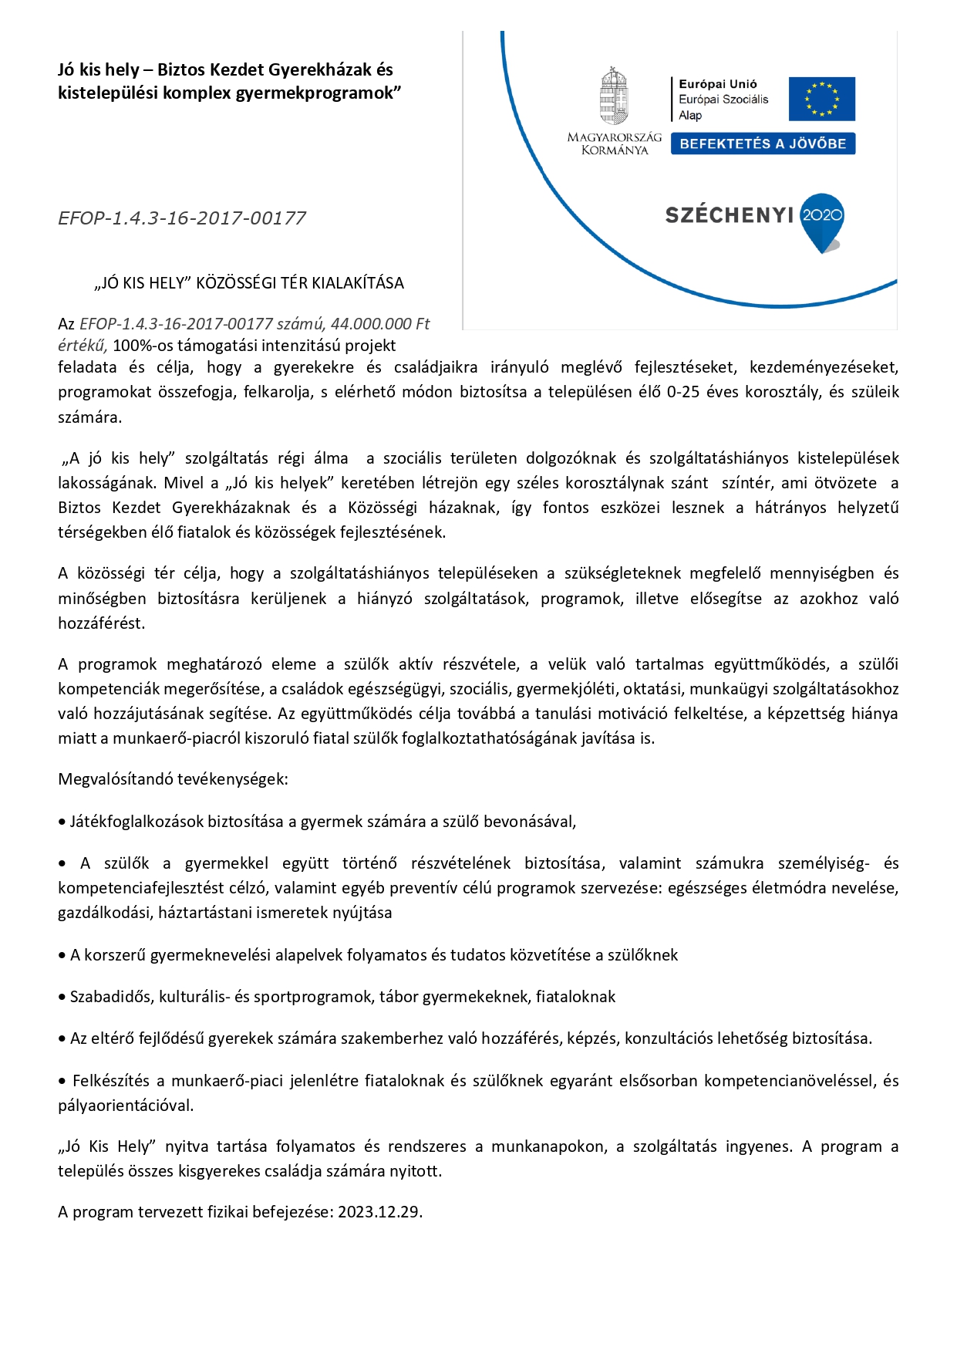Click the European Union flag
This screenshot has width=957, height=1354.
click(x=821, y=99)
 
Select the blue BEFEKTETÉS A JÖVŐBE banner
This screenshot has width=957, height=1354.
click(x=763, y=144)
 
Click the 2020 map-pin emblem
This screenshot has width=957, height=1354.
click(x=822, y=221)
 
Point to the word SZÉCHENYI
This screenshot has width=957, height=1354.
click(x=729, y=215)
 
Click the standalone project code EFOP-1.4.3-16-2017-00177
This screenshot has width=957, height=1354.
click(x=182, y=218)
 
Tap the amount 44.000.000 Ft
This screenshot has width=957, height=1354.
click(x=380, y=324)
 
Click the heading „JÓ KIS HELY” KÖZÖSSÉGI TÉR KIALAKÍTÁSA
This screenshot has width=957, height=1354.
click(x=248, y=283)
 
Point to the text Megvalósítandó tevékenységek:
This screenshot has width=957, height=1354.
click(x=173, y=779)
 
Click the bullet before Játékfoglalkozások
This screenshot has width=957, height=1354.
click(x=62, y=822)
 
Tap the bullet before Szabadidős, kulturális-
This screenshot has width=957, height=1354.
click(x=62, y=998)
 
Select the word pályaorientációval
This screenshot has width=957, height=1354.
click(x=126, y=1106)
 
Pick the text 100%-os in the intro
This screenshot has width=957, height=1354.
click(x=143, y=346)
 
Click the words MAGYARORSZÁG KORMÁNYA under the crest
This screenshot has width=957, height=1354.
click(x=614, y=144)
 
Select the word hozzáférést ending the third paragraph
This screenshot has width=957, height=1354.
click(x=102, y=623)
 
